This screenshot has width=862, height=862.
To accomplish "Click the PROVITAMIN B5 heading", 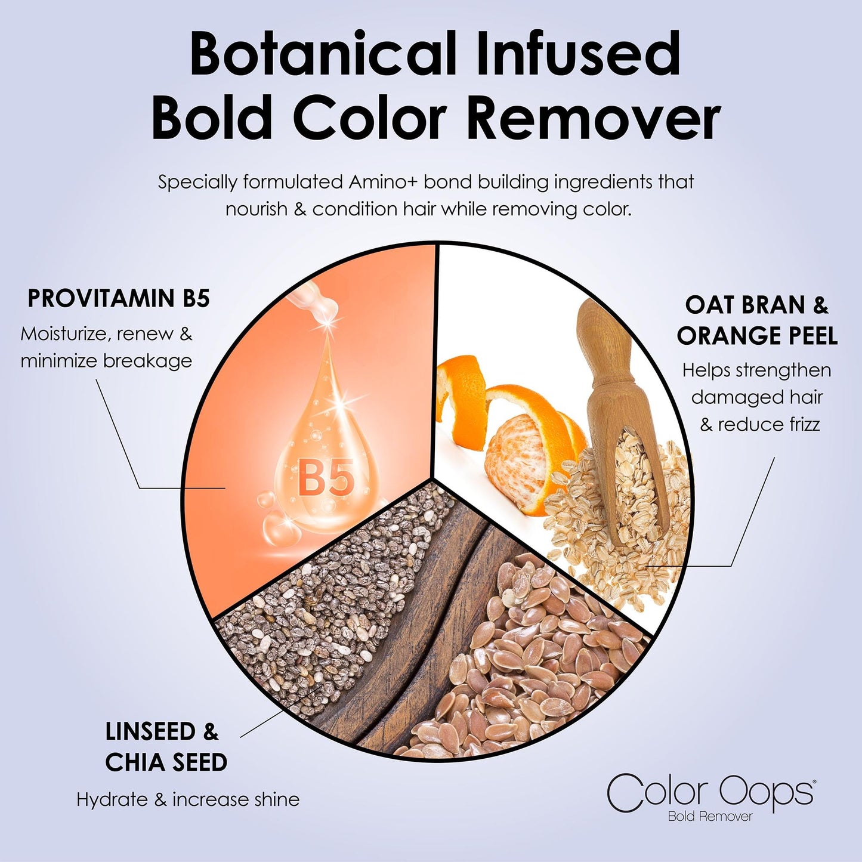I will [x=119, y=298].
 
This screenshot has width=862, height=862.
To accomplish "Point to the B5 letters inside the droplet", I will [x=326, y=477].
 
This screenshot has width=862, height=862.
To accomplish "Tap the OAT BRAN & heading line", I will [x=756, y=305].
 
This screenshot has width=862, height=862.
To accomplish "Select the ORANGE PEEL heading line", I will [x=756, y=336].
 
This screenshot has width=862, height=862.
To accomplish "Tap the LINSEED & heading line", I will [x=162, y=731].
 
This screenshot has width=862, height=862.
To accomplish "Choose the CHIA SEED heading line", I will [x=166, y=762].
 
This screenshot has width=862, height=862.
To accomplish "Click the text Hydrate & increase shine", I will [x=188, y=799].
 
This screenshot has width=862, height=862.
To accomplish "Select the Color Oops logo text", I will [x=710, y=792].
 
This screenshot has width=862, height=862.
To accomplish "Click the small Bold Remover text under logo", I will [x=710, y=817].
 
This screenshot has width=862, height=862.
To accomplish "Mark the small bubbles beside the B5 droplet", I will [x=277, y=525].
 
